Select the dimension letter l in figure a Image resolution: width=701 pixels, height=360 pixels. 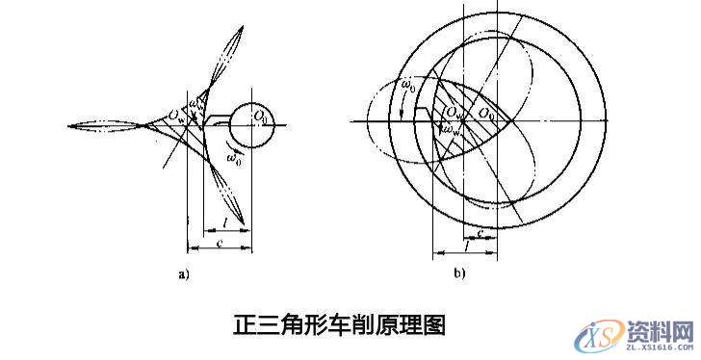[223, 222]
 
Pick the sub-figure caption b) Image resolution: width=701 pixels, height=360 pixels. [460, 275]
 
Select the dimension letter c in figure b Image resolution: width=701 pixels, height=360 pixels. [480, 231]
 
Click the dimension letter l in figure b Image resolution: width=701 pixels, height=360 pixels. [466, 247]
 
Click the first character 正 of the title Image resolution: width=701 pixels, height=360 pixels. [245, 322]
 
